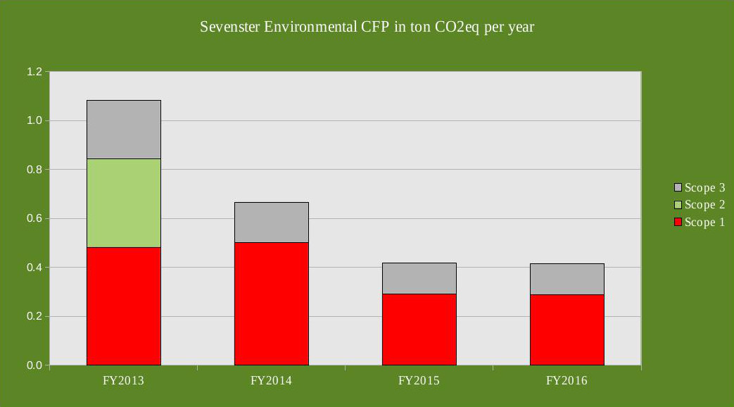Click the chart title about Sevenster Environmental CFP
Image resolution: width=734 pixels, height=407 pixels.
tap(367, 27)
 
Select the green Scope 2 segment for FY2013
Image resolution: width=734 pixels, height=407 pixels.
tap(124, 203)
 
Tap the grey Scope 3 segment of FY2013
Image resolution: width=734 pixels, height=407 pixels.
tap(124, 130)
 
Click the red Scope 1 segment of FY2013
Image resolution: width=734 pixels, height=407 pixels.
tap(124, 306)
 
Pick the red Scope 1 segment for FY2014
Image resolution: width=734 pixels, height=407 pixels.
tap(272, 304)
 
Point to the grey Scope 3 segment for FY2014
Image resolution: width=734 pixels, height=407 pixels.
tap(272, 223)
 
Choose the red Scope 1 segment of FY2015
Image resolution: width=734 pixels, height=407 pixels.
tap(419, 330)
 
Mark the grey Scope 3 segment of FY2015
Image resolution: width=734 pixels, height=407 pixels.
tap(419, 278)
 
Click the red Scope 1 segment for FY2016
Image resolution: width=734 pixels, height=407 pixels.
tap(567, 330)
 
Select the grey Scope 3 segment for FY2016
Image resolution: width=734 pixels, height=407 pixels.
tap(567, 279)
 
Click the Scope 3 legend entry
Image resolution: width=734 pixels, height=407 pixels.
tap(700, 187)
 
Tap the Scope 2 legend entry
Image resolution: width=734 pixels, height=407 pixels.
tap(700, 205)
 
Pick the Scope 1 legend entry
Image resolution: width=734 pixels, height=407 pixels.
tap(700, 222)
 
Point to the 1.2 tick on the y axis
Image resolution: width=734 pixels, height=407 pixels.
tap(34, 72)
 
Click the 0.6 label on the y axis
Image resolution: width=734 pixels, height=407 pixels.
tap(34, 218)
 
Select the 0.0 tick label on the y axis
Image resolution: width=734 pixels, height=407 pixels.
tap(34, 365)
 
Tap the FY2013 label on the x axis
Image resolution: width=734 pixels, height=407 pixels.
tap(124, 380)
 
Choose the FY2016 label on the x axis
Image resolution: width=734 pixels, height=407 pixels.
tap(567, 380)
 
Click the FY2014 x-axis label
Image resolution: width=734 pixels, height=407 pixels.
tap(272, 380)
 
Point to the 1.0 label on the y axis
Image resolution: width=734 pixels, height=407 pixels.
tap(34, 120)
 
